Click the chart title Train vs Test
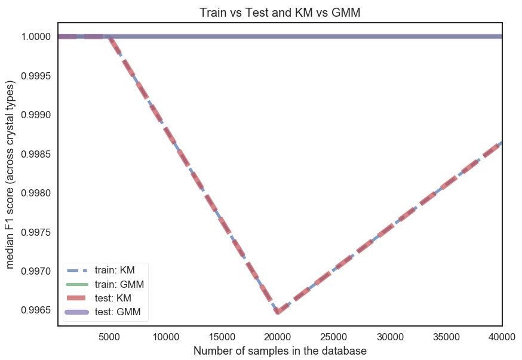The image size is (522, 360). point(280,11)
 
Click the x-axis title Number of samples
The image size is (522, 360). point(280,351)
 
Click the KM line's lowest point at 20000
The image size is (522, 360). point(277,311)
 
